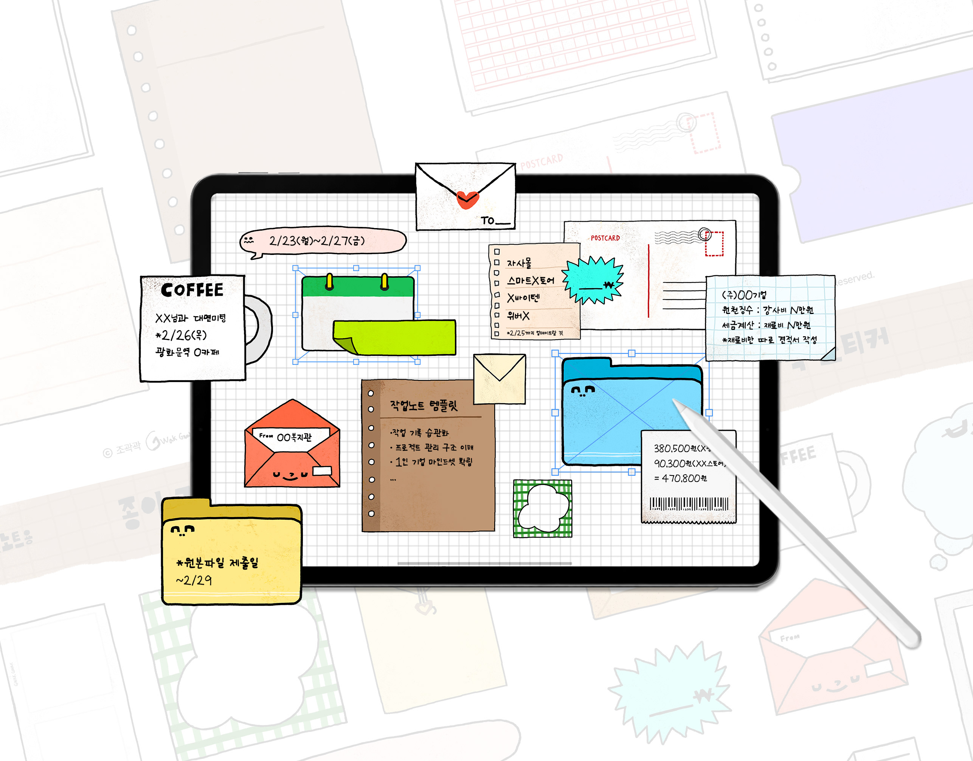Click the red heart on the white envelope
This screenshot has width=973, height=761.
467,199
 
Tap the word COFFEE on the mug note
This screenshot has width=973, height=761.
192,290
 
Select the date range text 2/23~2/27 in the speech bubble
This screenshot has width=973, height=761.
317,241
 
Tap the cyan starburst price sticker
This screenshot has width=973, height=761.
593,280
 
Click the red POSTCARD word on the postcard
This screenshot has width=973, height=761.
605,238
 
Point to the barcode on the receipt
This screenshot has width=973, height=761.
689,504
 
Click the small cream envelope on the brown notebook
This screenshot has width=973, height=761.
500,379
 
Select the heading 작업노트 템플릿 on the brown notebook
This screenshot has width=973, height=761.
424,405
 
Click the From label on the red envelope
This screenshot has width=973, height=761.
266,435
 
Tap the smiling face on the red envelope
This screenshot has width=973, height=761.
290,476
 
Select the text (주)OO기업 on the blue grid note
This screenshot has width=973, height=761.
744,295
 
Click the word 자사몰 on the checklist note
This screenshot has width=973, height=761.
519,263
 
